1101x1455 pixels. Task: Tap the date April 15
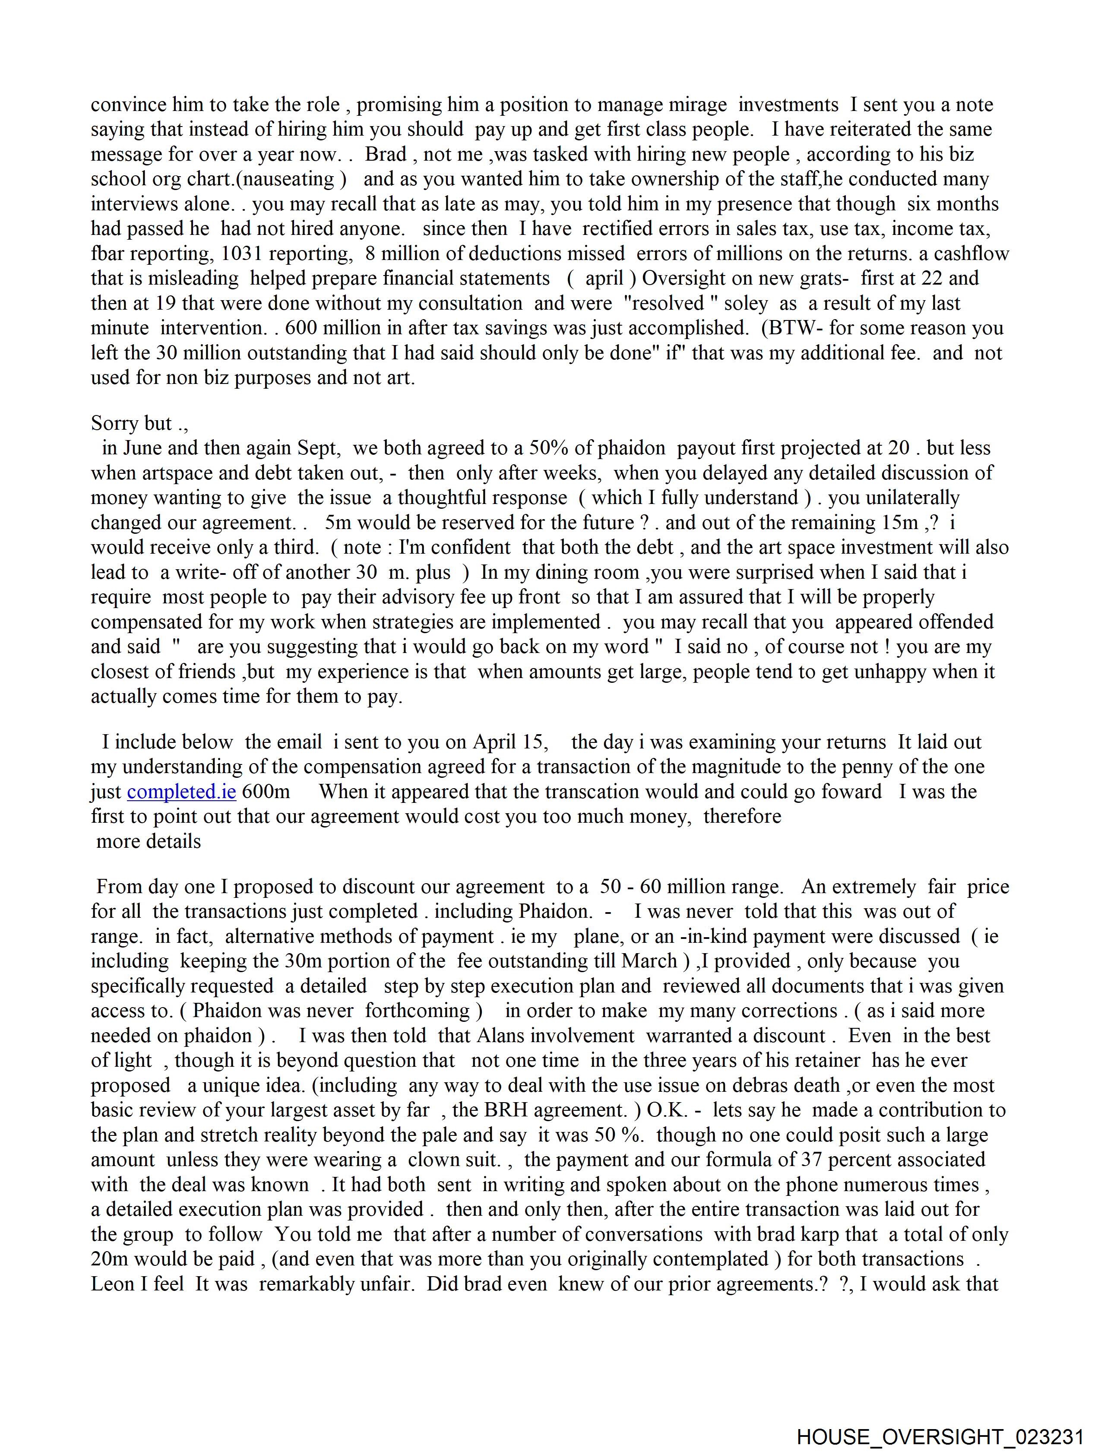pyautogui.click(x=510, y=742)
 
